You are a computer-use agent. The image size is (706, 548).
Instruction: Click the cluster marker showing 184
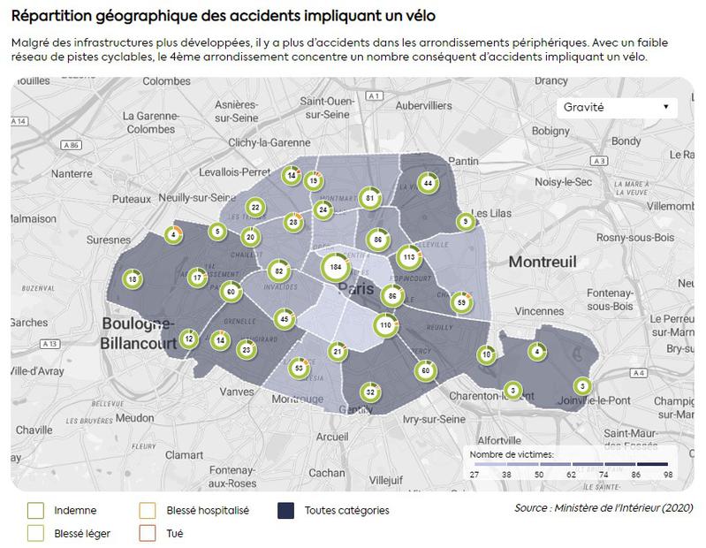335,266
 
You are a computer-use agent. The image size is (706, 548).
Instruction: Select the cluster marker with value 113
408,257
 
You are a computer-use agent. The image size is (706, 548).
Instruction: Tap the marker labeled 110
385,325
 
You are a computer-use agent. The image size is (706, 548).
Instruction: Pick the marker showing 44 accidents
428,184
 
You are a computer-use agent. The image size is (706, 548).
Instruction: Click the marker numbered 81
369,198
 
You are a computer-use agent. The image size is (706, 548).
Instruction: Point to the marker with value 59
460,303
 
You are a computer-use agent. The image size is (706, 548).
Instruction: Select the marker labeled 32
371,392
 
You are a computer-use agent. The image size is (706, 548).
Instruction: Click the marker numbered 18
133,279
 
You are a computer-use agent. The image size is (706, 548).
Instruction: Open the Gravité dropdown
616,107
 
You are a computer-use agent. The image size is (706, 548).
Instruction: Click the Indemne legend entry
35,510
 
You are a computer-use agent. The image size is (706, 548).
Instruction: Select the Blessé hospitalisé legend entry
148,510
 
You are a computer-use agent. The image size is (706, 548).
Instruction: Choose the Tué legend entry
148,534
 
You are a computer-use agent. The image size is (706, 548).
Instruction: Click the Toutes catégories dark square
286,510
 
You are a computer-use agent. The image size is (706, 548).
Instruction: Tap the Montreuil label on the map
542,262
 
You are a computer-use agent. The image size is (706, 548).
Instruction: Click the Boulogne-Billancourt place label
139,331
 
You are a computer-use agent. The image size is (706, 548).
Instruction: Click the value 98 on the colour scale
667,476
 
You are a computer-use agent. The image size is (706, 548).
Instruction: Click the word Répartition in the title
56,16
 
